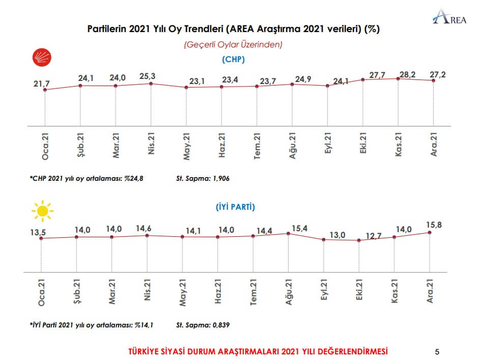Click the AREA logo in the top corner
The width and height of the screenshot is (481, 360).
pos(450,18)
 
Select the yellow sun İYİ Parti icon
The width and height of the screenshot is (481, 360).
pos(42,210)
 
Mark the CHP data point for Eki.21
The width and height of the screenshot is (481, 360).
pos(362,80)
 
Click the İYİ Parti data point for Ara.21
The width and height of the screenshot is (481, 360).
pos(430,232)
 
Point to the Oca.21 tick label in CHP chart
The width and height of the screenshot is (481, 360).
pos(45,146)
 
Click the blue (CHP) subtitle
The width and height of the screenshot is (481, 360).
pos(234,60)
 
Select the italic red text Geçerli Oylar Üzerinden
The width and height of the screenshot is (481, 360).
pos(233,45)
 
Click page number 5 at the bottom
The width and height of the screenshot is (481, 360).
pos(437,351)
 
